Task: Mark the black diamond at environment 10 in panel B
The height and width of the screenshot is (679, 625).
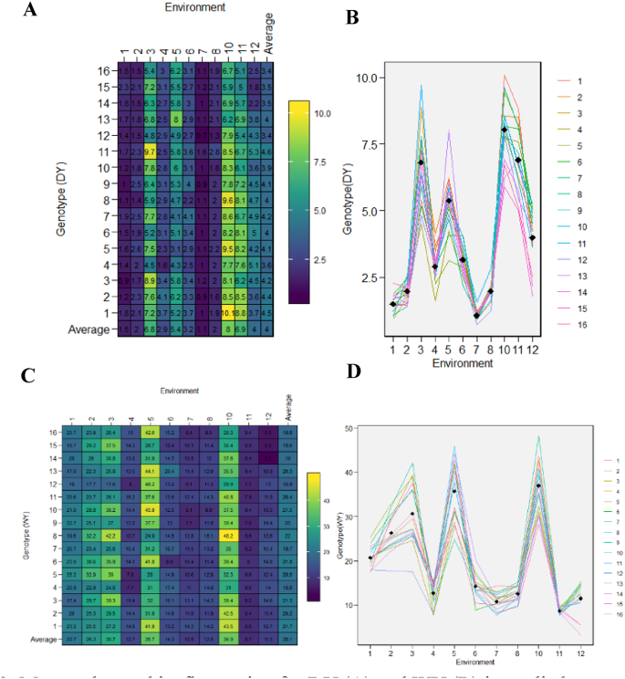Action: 504,130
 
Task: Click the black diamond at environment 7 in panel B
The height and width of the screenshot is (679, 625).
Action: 450,316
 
